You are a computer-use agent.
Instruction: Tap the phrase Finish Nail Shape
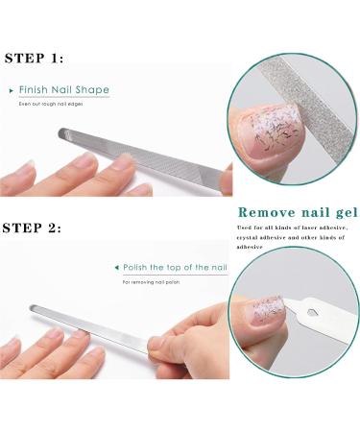click(64, 90)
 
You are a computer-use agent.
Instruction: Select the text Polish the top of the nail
click(175, 266)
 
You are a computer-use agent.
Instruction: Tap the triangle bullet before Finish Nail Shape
click(12, 90)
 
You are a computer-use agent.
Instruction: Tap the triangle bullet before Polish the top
click(116, 266)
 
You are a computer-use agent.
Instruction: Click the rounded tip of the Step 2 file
click(36, 309)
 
